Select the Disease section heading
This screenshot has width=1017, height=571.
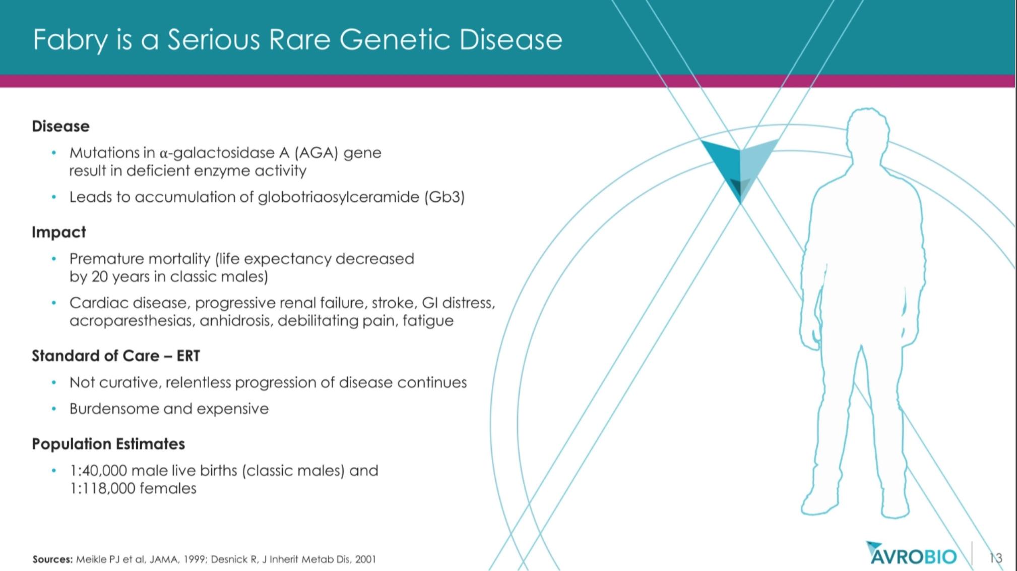[61, 126]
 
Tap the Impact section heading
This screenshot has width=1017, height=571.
[59, 233]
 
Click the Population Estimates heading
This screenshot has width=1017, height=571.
[108, 444]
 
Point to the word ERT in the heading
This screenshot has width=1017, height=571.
[188, 356]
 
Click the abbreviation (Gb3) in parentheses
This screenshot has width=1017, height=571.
[444, 197]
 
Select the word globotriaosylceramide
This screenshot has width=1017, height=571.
[339, 197]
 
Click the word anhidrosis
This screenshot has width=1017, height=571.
[236, 321]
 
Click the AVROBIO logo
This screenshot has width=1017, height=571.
[911, 554]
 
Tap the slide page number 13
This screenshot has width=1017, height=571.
[996, 558]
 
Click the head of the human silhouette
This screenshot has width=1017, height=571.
[867, 134]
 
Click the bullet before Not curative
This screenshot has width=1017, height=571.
[53, 383]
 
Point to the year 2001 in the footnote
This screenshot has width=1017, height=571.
[365, 559]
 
